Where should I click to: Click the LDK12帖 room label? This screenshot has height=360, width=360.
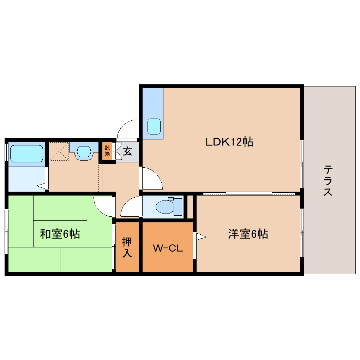229,142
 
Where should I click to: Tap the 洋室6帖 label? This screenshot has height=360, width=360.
248,234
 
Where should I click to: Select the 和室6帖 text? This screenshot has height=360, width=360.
60,234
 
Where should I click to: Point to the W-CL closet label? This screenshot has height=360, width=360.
168,248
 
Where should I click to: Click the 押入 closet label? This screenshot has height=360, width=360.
127,247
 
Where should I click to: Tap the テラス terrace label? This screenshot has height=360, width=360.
328,181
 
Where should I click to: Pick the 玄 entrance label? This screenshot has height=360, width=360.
127,152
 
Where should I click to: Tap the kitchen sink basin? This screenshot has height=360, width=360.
154,126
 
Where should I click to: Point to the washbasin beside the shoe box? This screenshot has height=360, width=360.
84,151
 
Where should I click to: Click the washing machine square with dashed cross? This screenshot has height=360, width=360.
58,151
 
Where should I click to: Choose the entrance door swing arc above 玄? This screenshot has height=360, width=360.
127,129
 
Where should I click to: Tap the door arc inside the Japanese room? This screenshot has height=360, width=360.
103,206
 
